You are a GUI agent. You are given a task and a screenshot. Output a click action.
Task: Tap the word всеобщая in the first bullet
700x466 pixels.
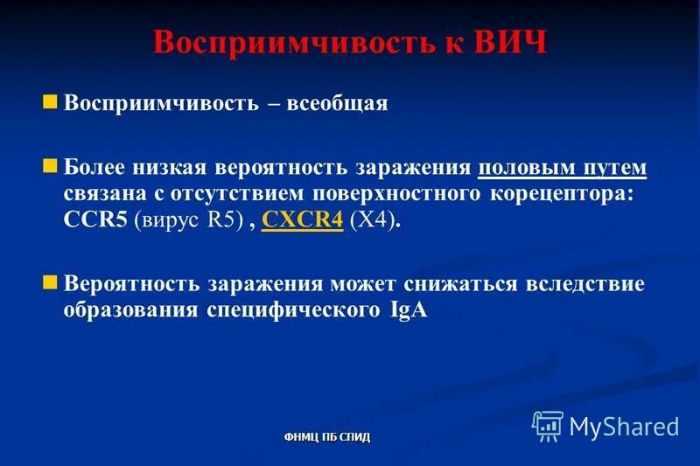tap(341, 104)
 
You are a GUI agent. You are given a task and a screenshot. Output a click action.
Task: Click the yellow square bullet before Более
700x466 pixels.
tap(50, 164)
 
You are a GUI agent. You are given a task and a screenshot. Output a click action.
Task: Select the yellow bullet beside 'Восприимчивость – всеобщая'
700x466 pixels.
tap(50, 101)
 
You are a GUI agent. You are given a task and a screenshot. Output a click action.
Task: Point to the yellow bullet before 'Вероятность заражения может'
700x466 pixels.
tap(50, 282)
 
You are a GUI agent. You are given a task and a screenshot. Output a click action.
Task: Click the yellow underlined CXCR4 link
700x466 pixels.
tap(302, 221)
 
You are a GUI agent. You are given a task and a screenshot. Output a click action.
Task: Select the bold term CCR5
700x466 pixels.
tap(95, 221)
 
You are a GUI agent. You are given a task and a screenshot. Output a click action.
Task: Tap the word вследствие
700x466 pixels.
tap(586, 285)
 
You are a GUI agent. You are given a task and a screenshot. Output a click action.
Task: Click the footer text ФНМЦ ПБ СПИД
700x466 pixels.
tap(327, 436)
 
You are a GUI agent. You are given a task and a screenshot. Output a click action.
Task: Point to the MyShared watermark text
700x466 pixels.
tap(624, 426)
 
